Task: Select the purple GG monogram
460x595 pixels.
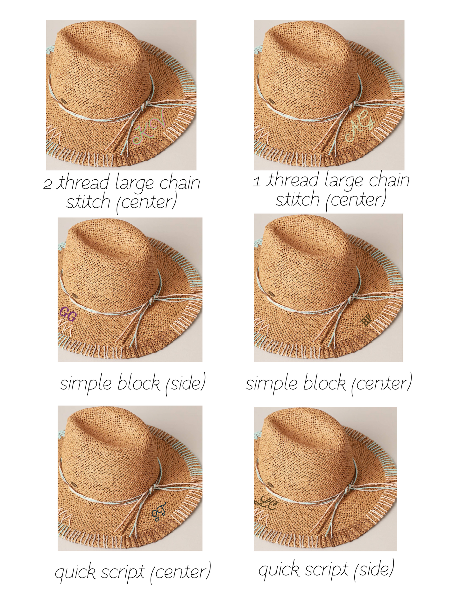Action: (x=68, y=314)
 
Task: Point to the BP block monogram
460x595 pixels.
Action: (x=367, y=320)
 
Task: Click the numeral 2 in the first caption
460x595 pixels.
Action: (x=47, y=184)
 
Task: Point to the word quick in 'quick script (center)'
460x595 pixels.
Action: (x=75, y=572)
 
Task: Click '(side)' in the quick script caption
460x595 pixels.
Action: (x=374, y=569)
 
